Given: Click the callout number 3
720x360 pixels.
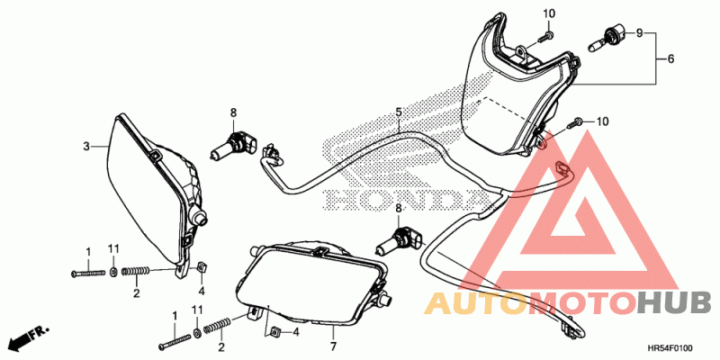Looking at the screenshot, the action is pyautogui.click(x=86, y=146).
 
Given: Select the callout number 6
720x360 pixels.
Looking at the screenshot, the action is pyautogui.click(x=670, y=59).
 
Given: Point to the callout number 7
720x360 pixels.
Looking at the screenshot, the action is pyautogui.click(x=332, y=346).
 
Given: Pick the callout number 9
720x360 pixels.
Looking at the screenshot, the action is pyautogui.click(x=640, y=33).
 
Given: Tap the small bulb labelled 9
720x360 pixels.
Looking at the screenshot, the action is pyautogui.click(x=605, y=39).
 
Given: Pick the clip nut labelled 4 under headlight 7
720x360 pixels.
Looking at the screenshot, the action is pyautogui.click(x=277, y=332).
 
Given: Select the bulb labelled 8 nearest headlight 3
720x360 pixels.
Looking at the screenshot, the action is pyautogui.click(x=236, y=144).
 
